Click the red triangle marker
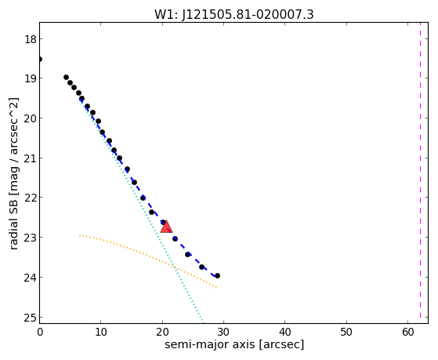(x=166, y=227)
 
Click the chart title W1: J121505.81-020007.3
(x=234, y=15)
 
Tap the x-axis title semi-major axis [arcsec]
(x=234, y=344)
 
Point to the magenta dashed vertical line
(x=420, y=173)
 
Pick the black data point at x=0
(x=40, y=60)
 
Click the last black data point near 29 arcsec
(x=217, y=276)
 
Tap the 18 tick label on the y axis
(x=31, y=39)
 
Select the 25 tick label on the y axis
(x=31, y=318)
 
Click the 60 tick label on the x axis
(x=407, y=332)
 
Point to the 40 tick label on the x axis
(x=285, y=332)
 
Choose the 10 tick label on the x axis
(x=101, y=332)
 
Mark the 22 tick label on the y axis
(x=31, y=198)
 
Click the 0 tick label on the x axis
(x=40, y=332)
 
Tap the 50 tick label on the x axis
(x=346, y=332)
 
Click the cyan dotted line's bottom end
(x=203, y=322)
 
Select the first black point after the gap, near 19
(x=66, y=78)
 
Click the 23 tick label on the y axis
(x=31, y=238)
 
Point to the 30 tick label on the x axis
(x=223, y=332)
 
